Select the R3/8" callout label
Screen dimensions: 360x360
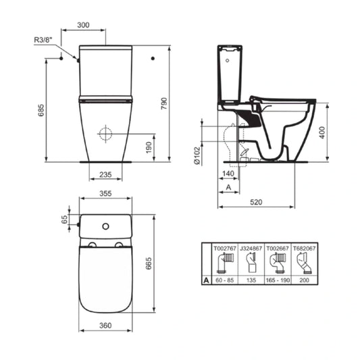tap(44, 41)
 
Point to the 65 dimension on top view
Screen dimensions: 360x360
tap(65, 220)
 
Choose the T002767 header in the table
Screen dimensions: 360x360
tap(223, 249)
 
